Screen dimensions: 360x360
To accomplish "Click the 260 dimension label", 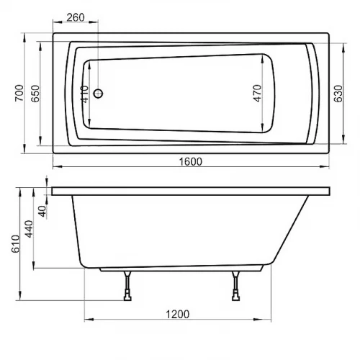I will click(x=77, y=17).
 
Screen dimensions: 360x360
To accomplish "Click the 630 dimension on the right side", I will click(x=337, y=93).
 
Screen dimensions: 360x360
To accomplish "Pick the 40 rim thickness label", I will click(x=42, y=210).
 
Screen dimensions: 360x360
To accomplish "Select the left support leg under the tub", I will click(x=127, y=287).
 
